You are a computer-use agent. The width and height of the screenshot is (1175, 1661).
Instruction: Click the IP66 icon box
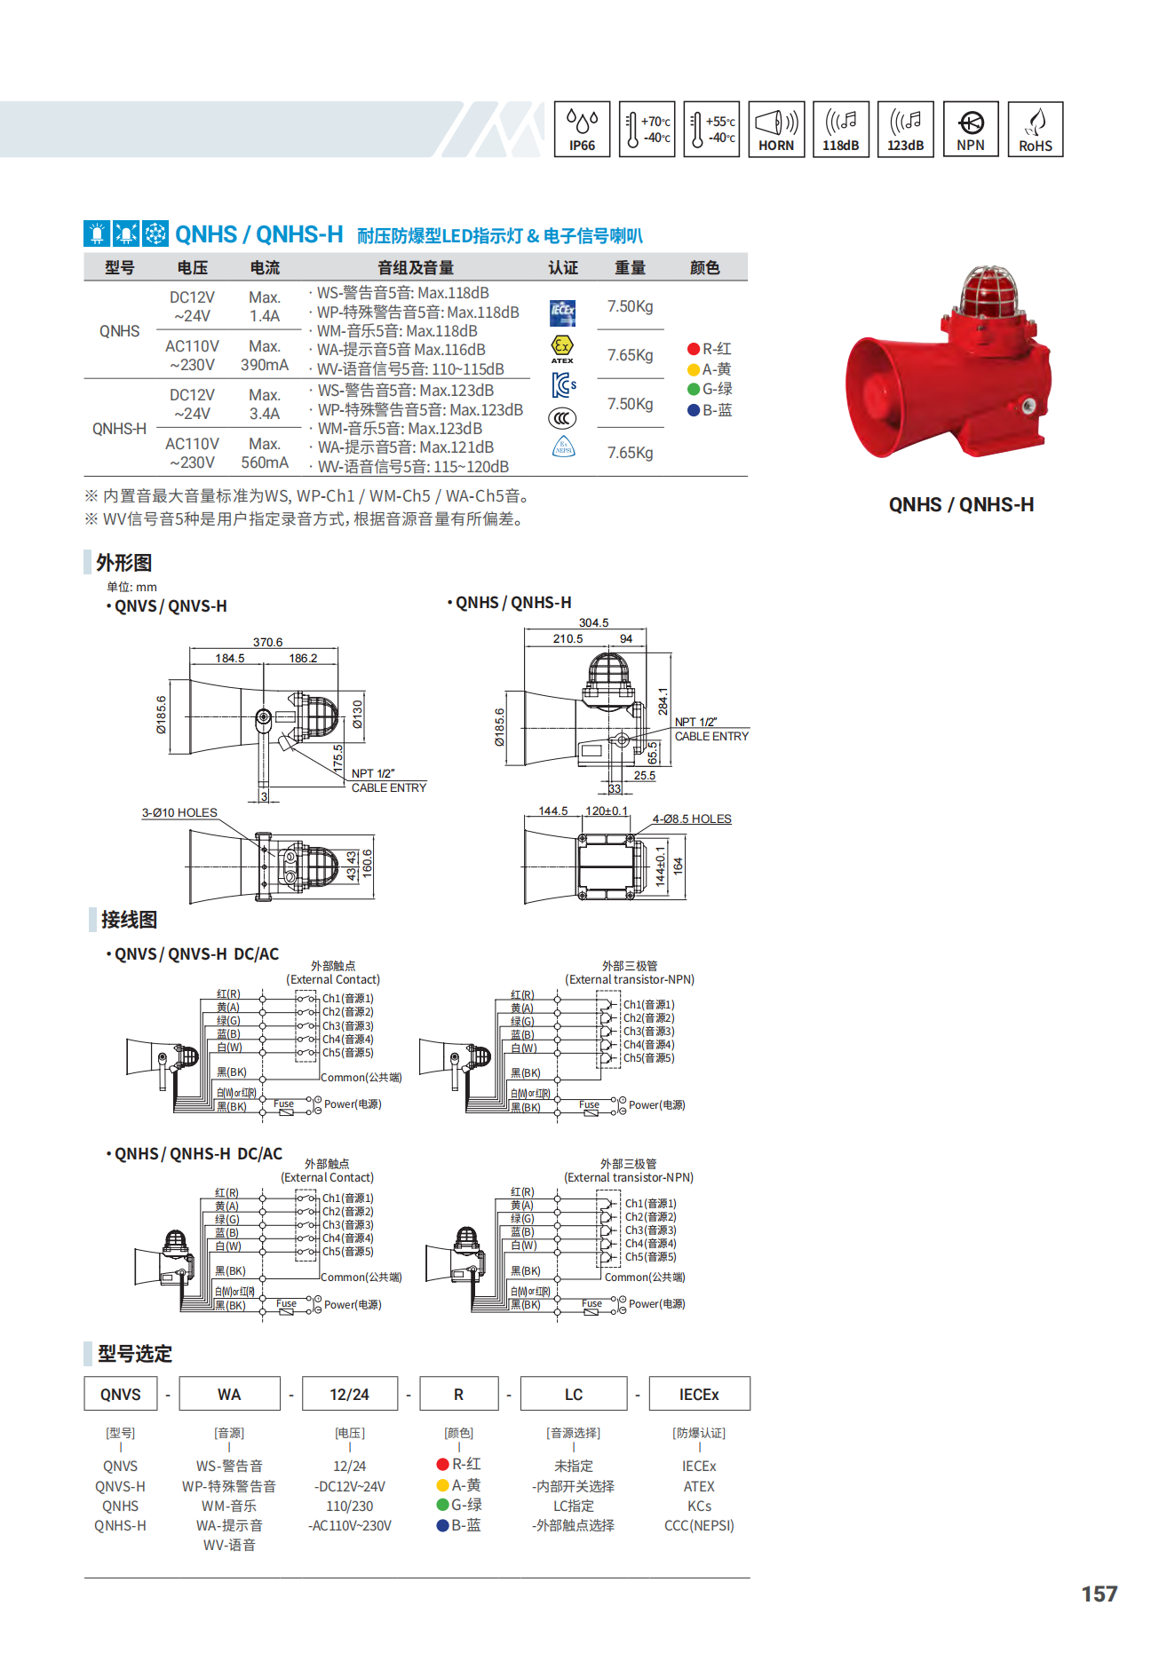(582, 130)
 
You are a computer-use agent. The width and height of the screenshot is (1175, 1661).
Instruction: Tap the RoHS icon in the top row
(1036, 130)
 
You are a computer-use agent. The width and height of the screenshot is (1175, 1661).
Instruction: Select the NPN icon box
(971, 130)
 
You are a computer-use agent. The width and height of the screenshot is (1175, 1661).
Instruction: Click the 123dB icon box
(906, 130)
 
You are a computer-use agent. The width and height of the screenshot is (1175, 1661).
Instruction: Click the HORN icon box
(776, 130)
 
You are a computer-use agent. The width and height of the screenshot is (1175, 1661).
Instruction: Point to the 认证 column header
(563, 267)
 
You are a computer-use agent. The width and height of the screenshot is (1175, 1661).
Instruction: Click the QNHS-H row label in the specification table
(119, 429)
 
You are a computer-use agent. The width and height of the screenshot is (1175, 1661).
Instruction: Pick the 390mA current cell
(265, 365)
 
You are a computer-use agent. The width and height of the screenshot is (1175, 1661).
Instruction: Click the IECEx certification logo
(563, 312)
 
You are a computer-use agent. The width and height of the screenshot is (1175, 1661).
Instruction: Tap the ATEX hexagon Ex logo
(562, 348)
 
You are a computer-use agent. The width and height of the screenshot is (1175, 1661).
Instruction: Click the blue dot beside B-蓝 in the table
(694, 410)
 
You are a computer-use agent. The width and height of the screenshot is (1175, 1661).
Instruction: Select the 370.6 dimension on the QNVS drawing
(267, 642)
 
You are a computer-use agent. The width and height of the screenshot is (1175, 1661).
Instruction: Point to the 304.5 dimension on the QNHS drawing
(593, 623)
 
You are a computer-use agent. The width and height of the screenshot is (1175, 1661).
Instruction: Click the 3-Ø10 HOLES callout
(179, 812)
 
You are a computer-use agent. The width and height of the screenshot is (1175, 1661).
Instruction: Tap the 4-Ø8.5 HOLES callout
(692, 819)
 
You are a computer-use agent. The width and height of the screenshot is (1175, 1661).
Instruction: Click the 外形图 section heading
(123, 563)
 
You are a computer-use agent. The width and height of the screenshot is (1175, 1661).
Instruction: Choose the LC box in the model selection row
(574, 1394)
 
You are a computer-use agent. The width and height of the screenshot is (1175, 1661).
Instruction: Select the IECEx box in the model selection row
(699, 1394)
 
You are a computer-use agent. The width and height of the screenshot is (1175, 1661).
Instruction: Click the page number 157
(1100, 1594)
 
